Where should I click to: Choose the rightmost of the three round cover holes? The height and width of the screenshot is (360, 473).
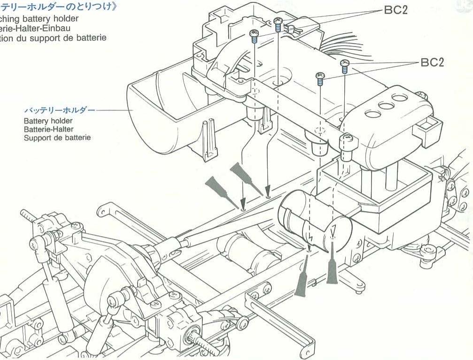coord(400,98)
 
